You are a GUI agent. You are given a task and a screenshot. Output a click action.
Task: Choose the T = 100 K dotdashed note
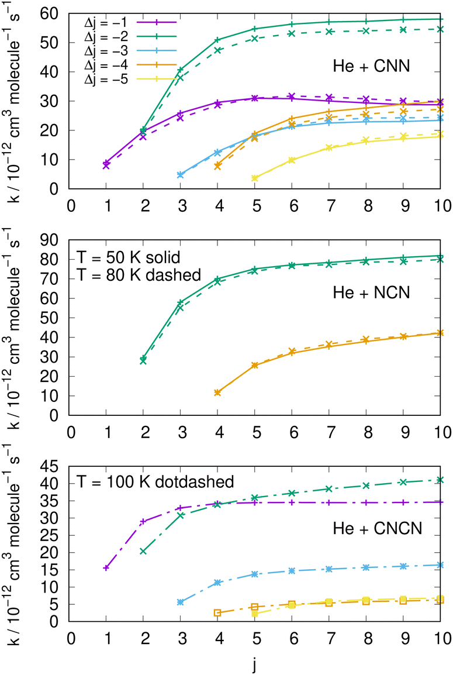coord(155,482)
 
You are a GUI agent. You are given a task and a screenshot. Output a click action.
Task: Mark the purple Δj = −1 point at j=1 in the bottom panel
coord(106,568)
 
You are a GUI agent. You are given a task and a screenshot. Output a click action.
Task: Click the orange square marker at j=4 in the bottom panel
coord(217,613)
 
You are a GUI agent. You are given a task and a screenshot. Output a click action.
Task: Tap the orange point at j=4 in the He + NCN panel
coord(217,392)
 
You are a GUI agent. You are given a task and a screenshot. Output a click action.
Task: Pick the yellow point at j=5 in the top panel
coord(255,178)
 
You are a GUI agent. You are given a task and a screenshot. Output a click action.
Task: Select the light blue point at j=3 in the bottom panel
coord(181,602)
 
